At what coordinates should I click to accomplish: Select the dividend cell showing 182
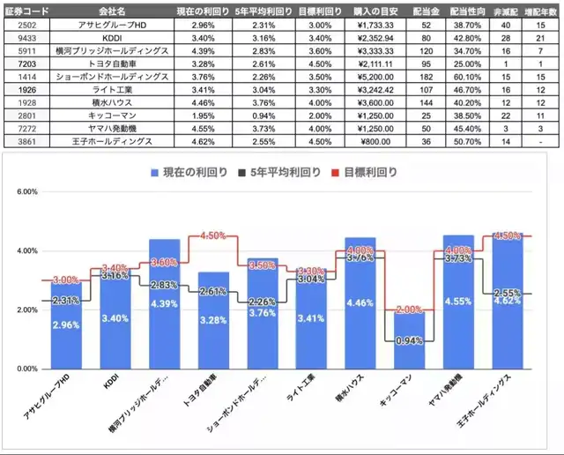point(427,77)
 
